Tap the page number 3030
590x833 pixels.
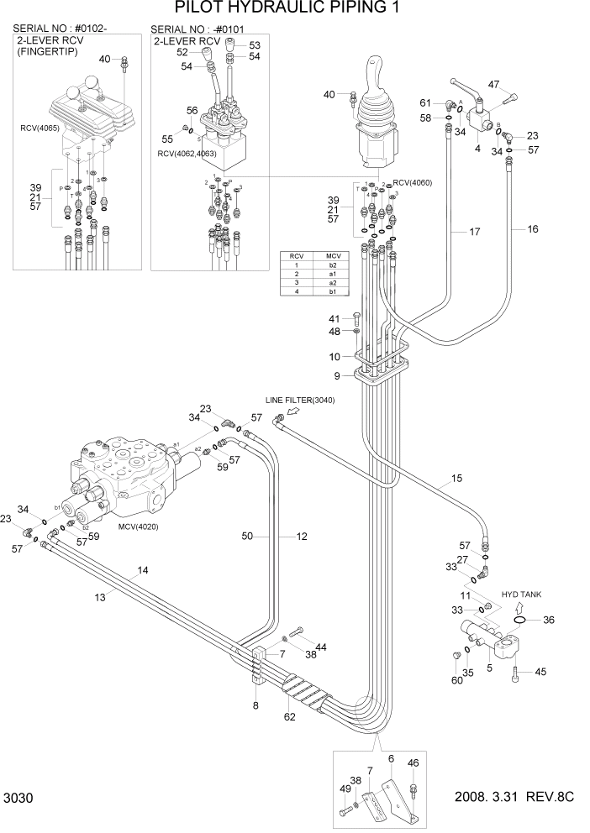pos(20,797)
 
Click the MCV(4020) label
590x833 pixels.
pos(139,527)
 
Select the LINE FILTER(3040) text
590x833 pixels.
pos(300,401)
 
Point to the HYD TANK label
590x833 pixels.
pos(522,594)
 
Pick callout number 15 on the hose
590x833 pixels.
pos(456,479)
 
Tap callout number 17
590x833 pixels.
pos(474,231)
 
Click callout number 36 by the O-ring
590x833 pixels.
pos(549,621)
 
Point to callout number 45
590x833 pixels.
pos(540,671)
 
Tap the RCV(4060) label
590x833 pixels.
pos(412,182)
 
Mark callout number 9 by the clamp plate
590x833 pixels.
pos(337,375)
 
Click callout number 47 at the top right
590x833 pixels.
pos(493,84)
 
